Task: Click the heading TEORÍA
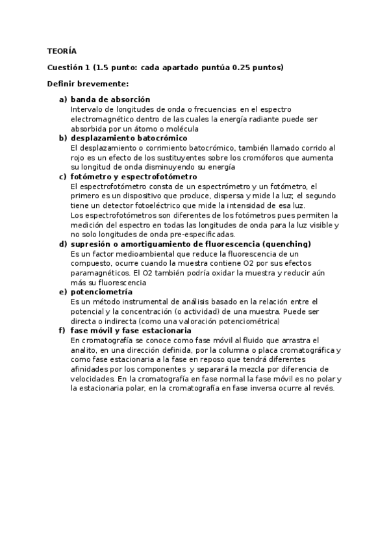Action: coord(62,51)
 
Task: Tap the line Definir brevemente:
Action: coord(88,84)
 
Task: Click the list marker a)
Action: coord(63,99)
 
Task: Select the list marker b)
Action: coord(63,138)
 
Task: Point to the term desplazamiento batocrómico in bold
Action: coord(129,138)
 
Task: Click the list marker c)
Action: coord(63,177)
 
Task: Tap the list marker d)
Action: coord(63,244)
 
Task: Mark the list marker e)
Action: coord(63,292)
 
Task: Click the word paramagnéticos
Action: coord(101,273)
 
